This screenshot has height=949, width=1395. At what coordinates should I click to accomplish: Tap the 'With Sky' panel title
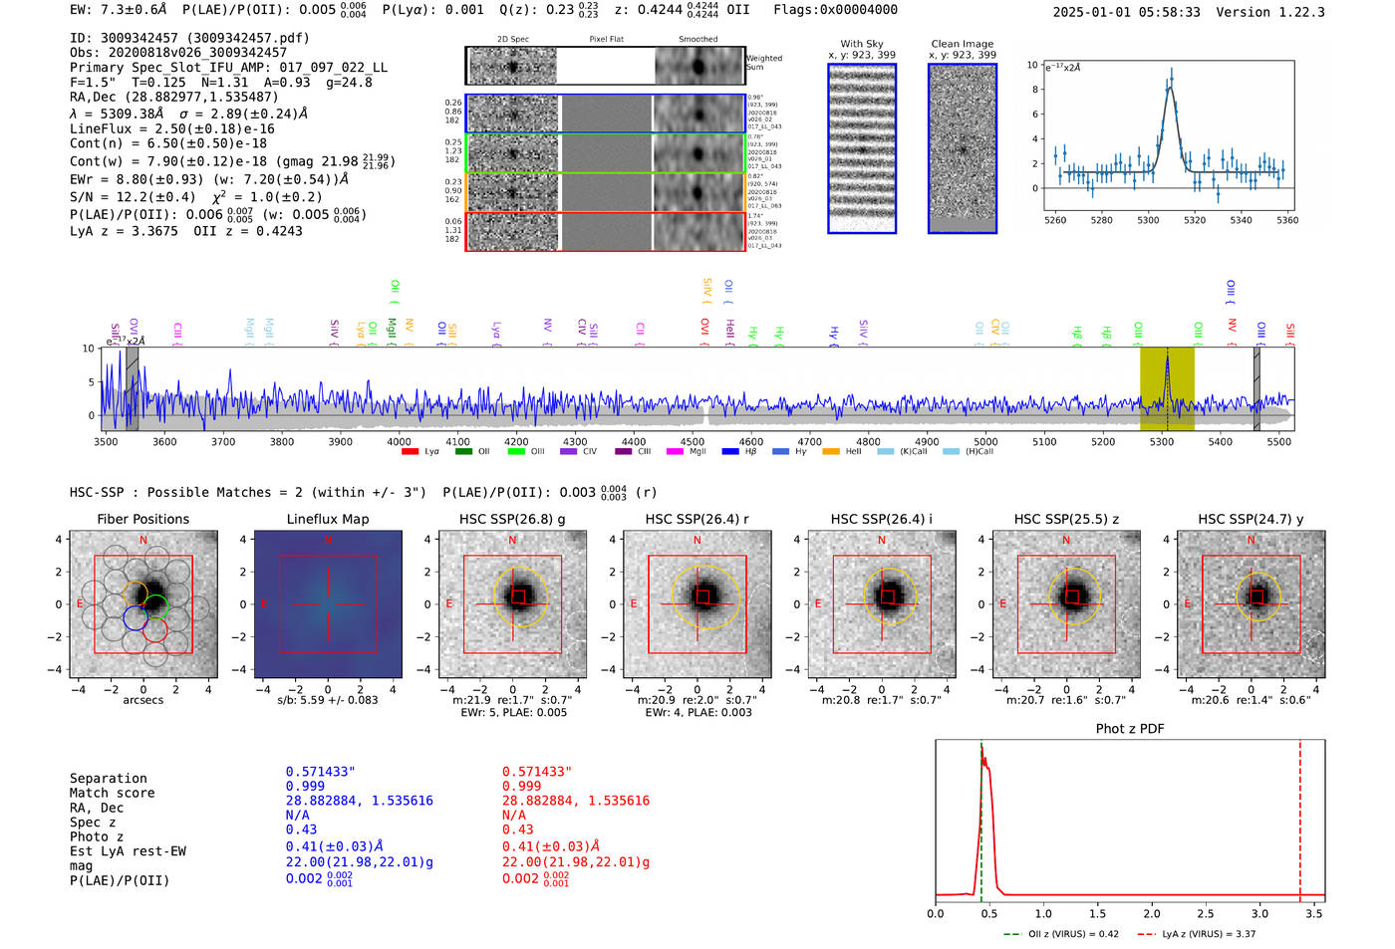pos(861,44)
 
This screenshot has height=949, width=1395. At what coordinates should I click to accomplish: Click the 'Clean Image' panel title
pos(962,44)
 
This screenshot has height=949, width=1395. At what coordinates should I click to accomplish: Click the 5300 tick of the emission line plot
pos(1148,220)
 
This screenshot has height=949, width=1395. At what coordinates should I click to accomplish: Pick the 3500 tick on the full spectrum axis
pos(106,442)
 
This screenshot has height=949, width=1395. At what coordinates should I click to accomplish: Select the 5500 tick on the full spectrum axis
pos(1278,442)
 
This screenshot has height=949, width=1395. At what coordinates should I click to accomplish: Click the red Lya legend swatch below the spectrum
pos(410,452)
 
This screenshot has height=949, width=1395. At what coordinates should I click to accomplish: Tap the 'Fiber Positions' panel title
pos(142,519)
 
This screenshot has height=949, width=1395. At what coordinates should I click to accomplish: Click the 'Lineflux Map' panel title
pos(327,519)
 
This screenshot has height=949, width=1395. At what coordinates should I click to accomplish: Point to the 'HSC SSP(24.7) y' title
pos(1251,519)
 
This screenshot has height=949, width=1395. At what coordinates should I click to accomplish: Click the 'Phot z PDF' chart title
pos(1129,729)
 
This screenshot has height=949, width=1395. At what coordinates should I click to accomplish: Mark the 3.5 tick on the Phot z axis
pos(1314,913)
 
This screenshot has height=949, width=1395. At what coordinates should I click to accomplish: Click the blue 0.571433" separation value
pos(320,772)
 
